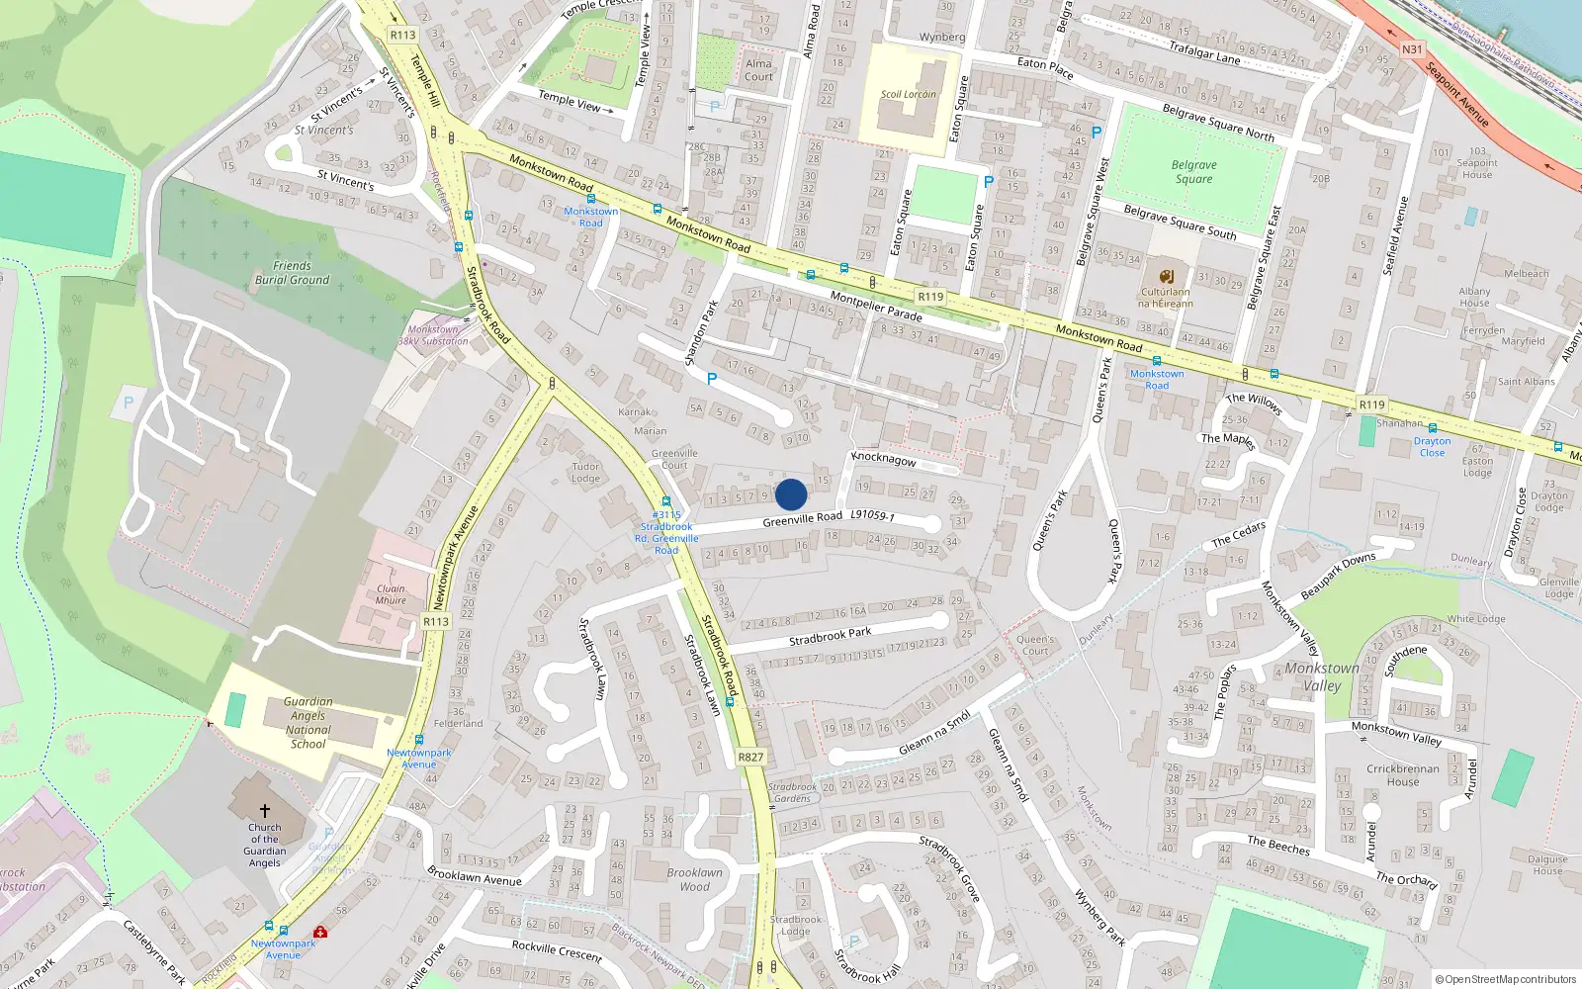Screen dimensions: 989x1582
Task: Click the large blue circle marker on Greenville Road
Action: point(791,494)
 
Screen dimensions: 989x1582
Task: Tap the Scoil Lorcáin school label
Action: point(908,95)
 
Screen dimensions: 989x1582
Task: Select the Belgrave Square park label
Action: point(1194,172)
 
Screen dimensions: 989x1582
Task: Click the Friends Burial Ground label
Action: point(292,273)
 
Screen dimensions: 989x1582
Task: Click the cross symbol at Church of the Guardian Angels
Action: point(265,811)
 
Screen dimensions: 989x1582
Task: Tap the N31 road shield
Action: point(1412,49)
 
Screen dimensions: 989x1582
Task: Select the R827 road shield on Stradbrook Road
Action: point(750,757)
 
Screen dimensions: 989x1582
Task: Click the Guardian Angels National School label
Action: point(308,722)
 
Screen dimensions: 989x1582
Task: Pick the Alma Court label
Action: point(759,69)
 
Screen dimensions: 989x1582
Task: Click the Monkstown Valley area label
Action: point(1322,676)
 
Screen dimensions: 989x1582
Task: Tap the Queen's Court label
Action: point(1035,645)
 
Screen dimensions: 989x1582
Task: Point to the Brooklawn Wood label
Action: point(694,879)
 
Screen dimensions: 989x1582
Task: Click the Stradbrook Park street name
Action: point(831,636)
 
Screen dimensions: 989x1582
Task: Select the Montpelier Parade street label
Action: point(876,307)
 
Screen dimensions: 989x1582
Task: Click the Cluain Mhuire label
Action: point(391,594)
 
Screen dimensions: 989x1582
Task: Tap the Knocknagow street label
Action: point(884,459)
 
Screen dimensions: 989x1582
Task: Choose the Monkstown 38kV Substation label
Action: point(433,335)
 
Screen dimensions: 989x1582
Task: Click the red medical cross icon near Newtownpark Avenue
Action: point(320,932)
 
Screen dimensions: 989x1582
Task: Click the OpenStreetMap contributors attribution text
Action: point(1507,979)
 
